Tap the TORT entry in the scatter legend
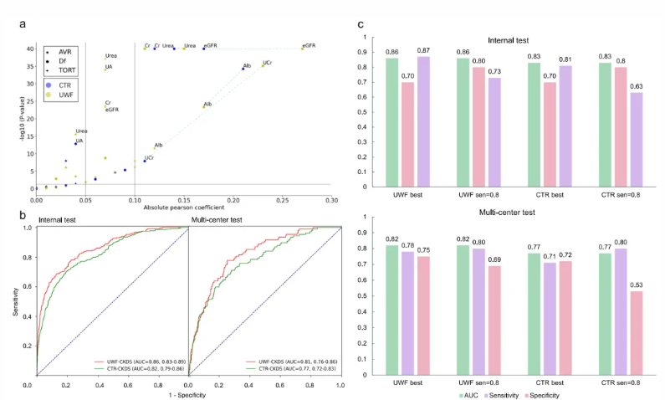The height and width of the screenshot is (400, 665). click(x=64, y=70)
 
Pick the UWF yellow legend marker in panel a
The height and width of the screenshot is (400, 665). click(x=49, y=95)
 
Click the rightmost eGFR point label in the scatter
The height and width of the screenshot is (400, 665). click(x=309, y=45)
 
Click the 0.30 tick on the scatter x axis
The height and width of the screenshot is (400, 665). click(x=332, y=199)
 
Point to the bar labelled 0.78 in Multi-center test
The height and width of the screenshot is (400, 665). click(x=408, y=310)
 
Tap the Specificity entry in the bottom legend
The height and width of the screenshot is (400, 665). click(x=541, y=393)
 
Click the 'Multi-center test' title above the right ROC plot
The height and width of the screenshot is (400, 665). click(x=223, y=220)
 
